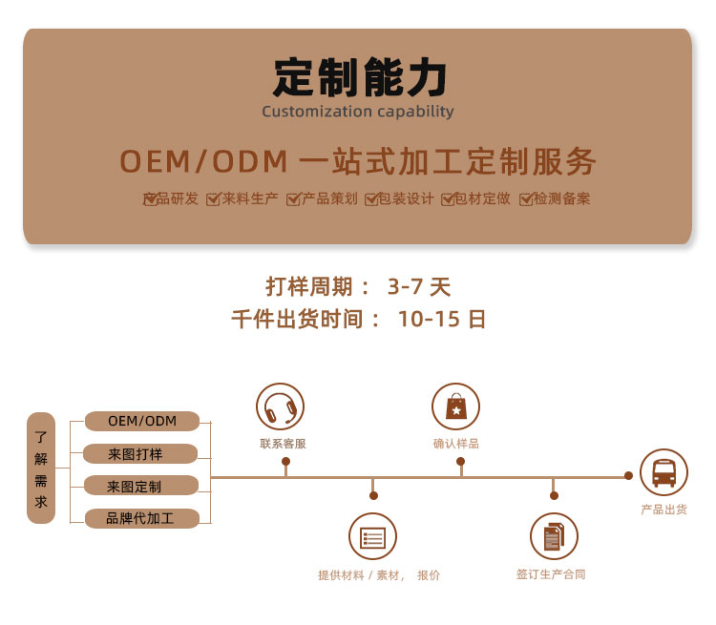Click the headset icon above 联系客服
click(x=280, y=406)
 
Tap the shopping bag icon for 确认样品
click(x=455, y=406)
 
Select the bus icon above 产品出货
click(x=663, y=472)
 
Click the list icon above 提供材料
click(x=372, y=536)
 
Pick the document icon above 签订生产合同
click(x=554, y=536)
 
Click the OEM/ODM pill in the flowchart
click(x=142, y=421)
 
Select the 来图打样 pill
click(x=140, y=454)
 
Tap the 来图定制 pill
click(x=141, y=486)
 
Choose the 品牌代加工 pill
click(x=142, y=519)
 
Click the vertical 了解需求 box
click(x=41, y=468)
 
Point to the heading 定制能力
click(x=359, y=77)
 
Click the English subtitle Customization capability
click(x=358, y=112)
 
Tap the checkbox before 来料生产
click(x=213, y=199)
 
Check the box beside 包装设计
click(x=371, y=199)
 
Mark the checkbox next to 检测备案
click(x=526, y=199)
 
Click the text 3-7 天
click(x=419, y=286)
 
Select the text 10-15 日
click(x=442, y=319)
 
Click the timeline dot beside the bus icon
click(x=628, y=476)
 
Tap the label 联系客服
click(x=283, y=444)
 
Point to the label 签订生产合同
click(x=551, y=574)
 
